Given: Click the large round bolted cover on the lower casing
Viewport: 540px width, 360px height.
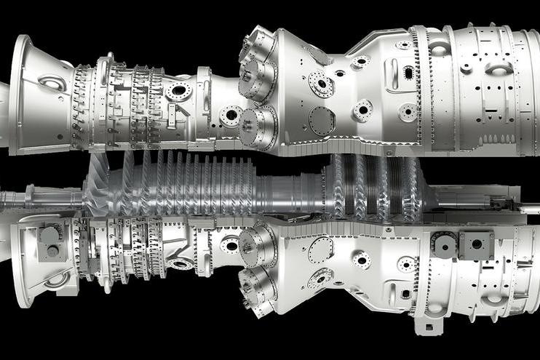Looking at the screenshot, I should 320,250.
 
